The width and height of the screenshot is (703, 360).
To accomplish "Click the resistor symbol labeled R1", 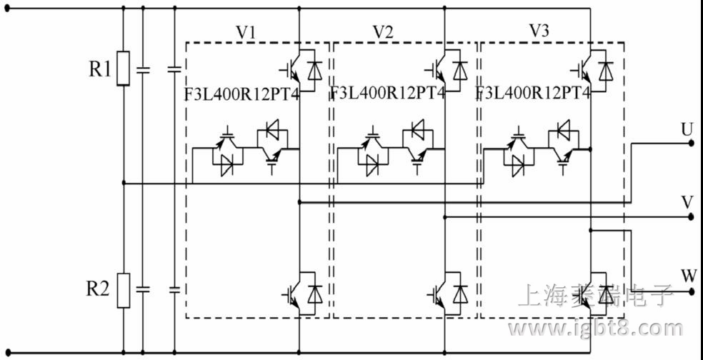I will [x=124, y=69].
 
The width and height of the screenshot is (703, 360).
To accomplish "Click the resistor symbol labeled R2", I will [x=124, y=289].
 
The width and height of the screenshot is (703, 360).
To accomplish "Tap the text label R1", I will [x=100, y=69].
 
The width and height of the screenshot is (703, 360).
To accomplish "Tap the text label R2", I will [x=99, y=289].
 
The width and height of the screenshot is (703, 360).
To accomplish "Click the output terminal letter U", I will [x=687, y=129].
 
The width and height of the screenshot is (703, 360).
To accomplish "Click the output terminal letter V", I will [x=687, y=202].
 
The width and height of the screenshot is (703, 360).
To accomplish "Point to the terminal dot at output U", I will [x=691, y=143].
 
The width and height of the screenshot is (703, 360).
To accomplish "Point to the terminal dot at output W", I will [x=691, y=292].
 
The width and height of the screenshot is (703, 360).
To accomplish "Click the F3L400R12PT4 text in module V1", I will [x=243, y=94].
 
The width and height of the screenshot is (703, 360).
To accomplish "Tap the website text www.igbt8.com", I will [x=594, y=329].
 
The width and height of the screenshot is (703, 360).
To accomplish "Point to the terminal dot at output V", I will [x=691, y=217].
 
